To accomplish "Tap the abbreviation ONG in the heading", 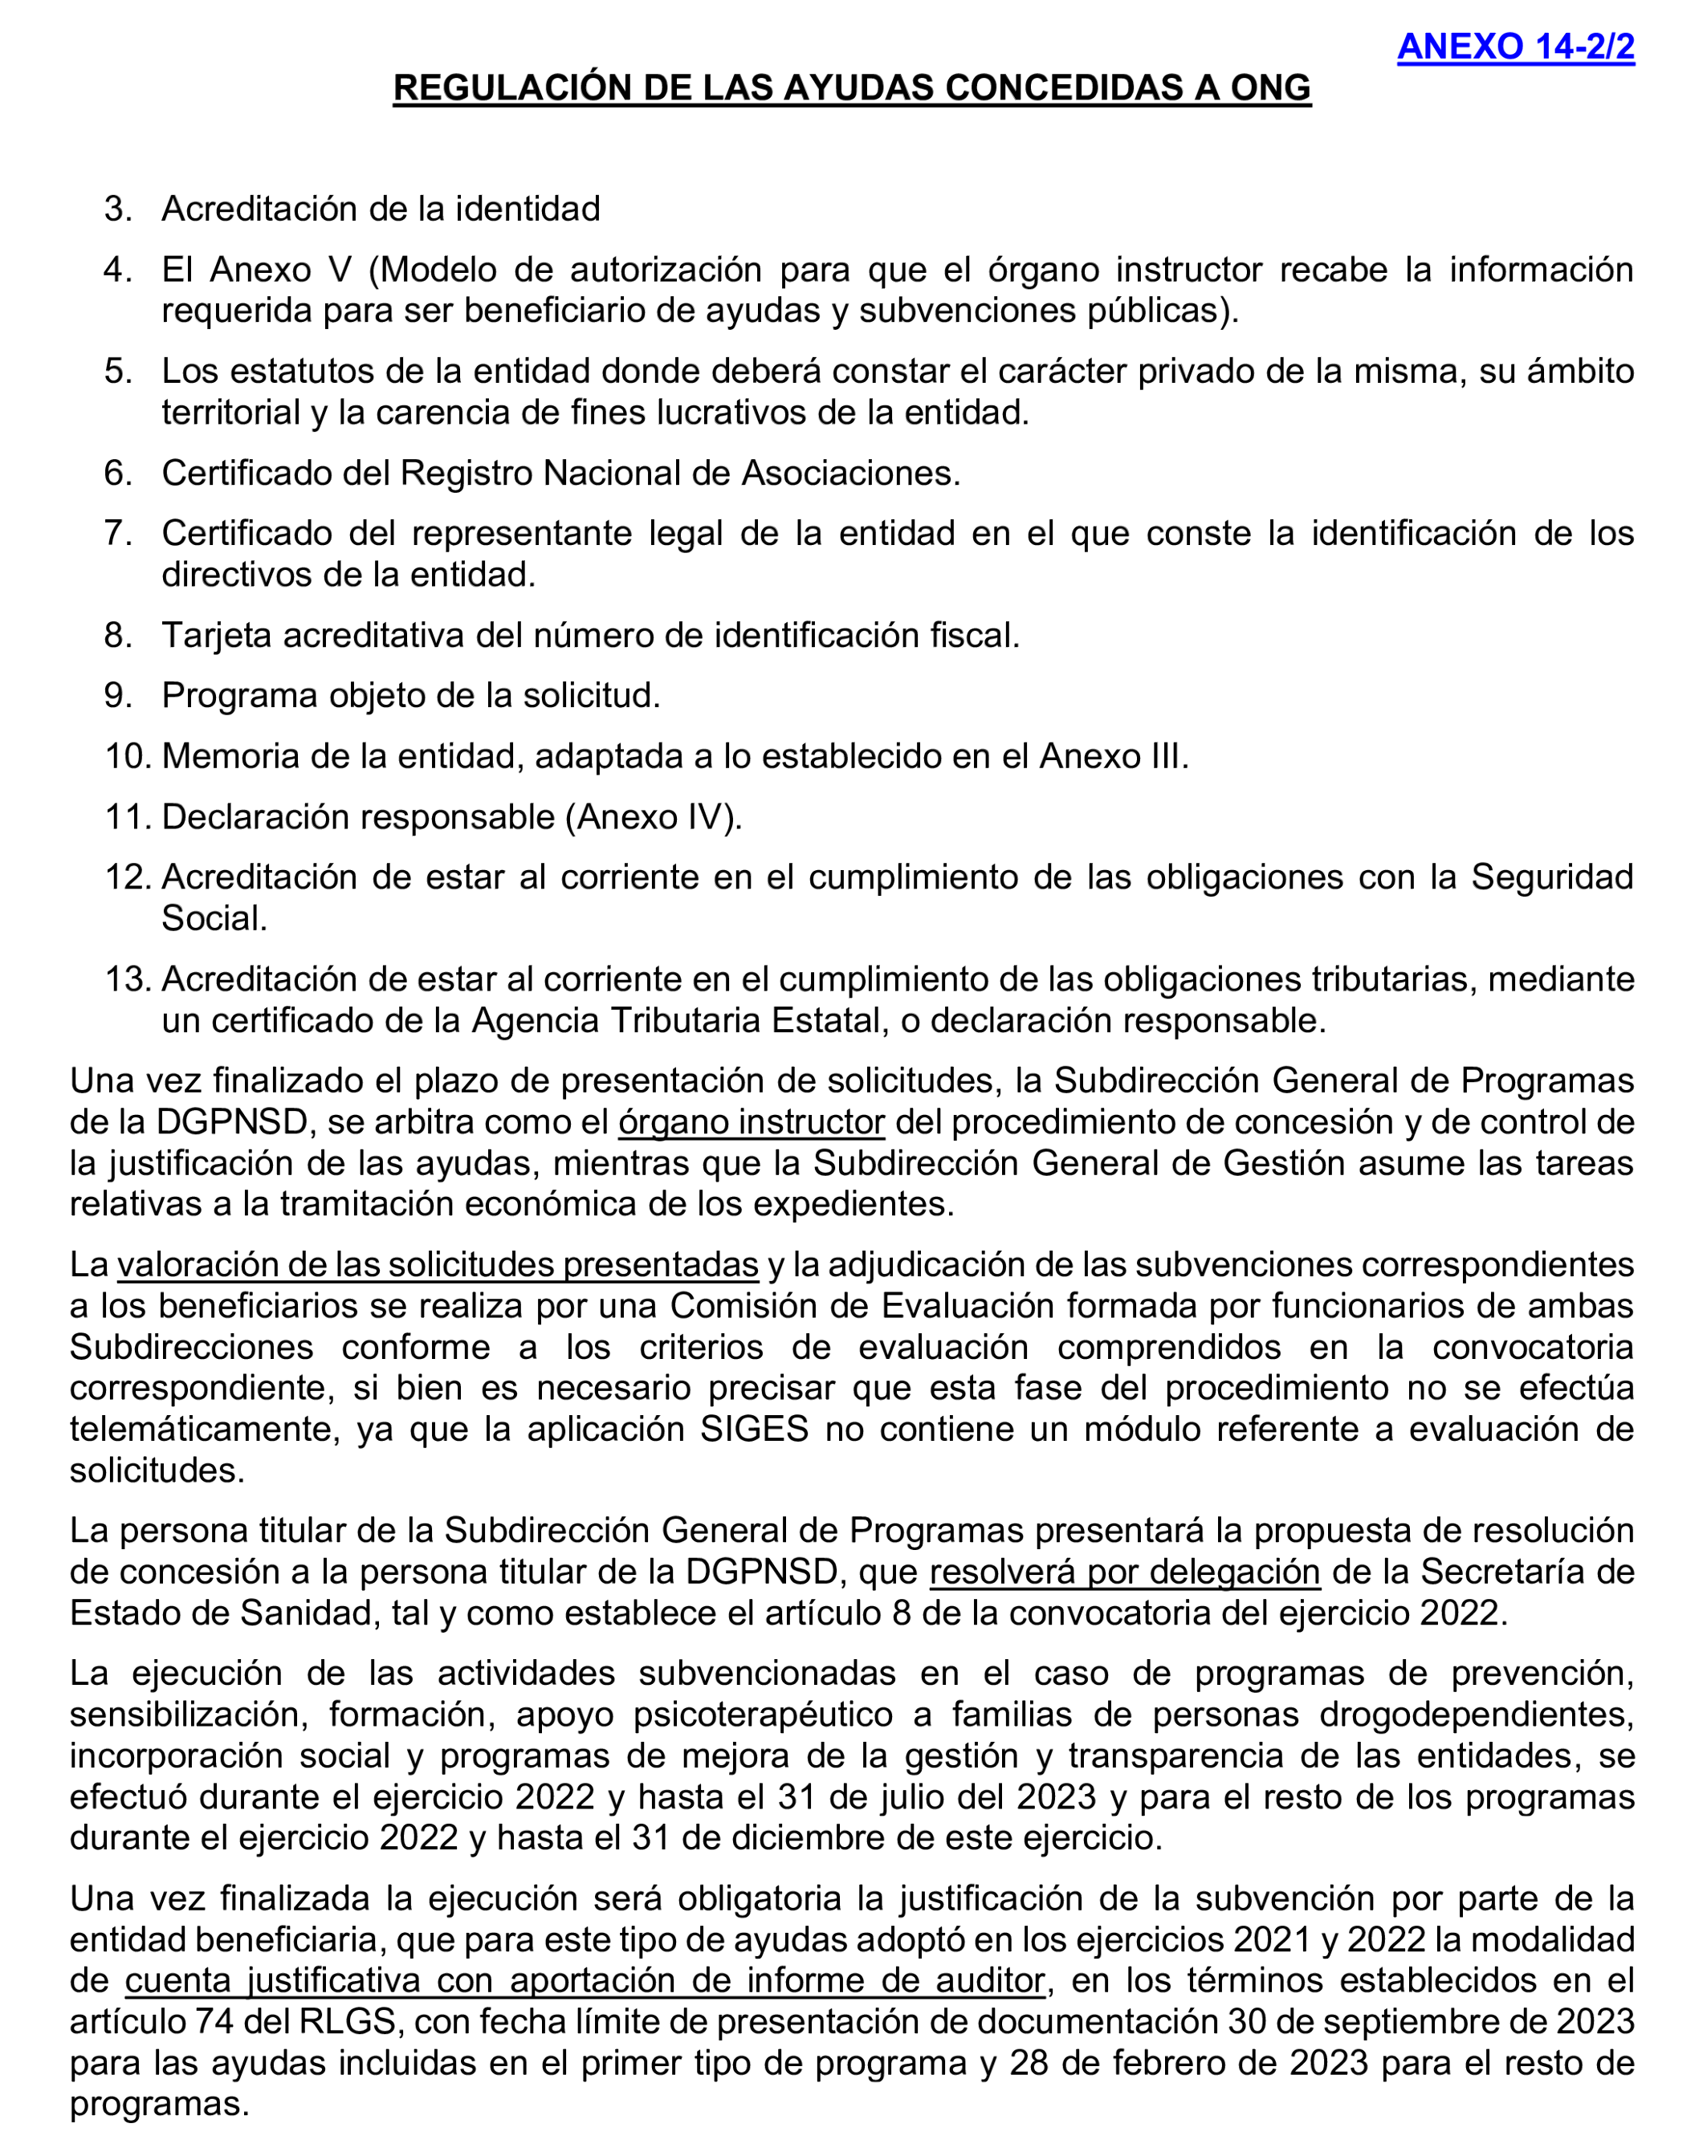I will (1269, 87).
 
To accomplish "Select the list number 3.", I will (117, 210).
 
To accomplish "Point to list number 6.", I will (117, 474).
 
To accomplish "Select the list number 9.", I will (117, 695).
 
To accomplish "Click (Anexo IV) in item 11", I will (653, 817).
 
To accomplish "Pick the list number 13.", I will (127, 979).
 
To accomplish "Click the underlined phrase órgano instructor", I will (752, 1122).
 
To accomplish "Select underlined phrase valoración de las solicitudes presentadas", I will (438, 1264).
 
